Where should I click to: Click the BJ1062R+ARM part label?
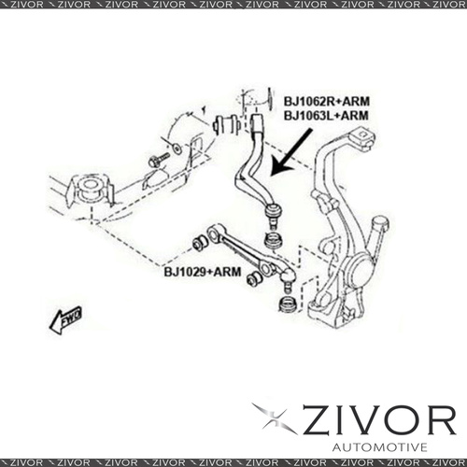coord(327,102)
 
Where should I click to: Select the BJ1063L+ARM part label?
coord(326,116)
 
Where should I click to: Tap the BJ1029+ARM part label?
coord(203,272)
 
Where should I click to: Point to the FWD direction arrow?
coord(65,320)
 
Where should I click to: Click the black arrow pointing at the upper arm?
coord(290,152)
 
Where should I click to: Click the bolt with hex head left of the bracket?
coord(159,159)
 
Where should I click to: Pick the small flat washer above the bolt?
coord(177,149)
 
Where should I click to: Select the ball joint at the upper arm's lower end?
coord(272,214)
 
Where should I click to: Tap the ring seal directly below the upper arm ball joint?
coord(273,240)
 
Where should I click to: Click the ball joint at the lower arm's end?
coord(287,279)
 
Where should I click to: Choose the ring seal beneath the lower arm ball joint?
coord(287,304)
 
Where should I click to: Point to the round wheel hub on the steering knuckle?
coord(359,269)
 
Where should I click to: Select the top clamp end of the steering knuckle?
coord(362,137)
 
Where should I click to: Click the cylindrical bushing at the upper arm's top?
coord(227,124)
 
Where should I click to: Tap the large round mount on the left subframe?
coord(91,189)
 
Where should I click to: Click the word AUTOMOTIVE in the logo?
coord(379,447)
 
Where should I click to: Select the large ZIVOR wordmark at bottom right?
coord(379,421)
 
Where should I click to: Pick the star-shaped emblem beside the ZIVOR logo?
coord(274,417)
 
